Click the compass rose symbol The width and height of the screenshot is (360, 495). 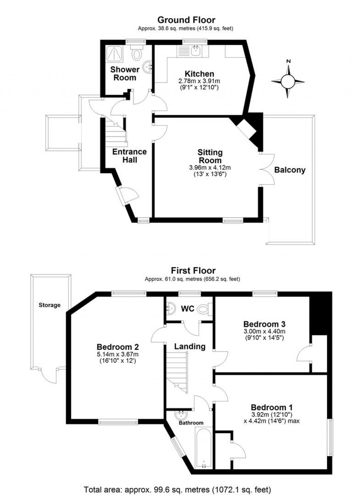pos(288,82)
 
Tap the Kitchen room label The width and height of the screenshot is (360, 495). pos(199,74)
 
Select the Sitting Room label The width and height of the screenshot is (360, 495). pos(210,156)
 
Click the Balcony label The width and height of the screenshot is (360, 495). pos(290,170)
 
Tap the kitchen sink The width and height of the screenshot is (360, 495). pos(195,51)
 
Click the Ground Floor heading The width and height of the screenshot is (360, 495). pos(186,20)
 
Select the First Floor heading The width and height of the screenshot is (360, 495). pos(193,270)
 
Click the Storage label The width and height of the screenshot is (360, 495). pos(50,305)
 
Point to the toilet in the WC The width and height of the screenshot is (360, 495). pos(203,310)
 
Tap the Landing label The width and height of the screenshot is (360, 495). pos(190,346)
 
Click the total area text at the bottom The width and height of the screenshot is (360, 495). pos(177,489)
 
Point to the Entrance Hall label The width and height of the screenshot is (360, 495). pos(129,155)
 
